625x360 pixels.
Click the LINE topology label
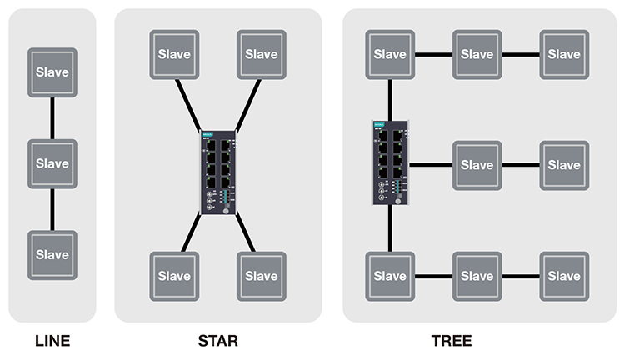coord(52,341)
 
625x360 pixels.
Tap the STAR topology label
coord(217,341)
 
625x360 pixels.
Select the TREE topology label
coord(451,341)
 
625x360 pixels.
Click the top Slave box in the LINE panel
coord(52,71)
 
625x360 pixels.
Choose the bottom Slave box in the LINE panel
coord(52,253)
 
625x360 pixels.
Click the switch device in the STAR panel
coord(218,172)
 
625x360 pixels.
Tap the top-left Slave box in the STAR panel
coord(174,54)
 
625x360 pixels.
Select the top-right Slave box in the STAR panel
coord(262,54)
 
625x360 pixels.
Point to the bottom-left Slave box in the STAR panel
coord(174,276)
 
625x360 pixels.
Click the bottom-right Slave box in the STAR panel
coord(262,276)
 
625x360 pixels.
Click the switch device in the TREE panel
coord(390,163)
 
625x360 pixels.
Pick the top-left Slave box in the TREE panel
coord(390,54)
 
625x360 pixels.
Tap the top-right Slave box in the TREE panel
coord(564,54)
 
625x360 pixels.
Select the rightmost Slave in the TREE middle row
coord(564,165)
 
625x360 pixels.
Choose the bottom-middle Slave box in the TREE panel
coord(477,276)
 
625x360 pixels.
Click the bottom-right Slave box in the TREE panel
coord(564,276)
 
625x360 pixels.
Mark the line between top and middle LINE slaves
coord(52,117)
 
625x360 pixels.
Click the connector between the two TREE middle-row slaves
coord(521,165)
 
